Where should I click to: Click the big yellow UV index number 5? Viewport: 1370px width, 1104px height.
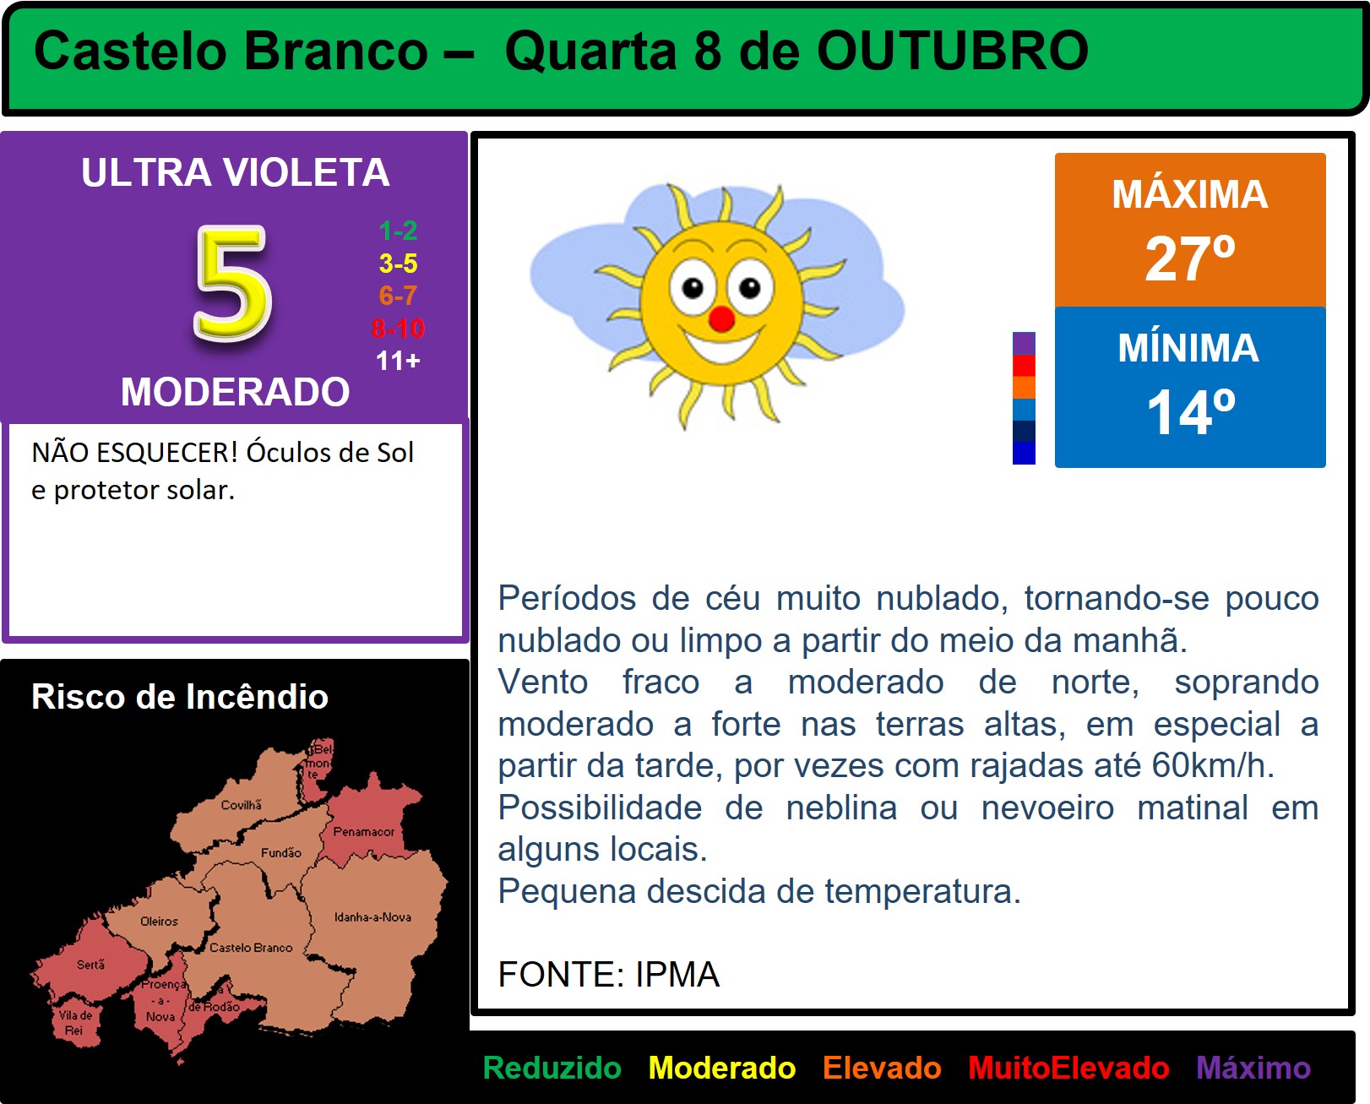233,283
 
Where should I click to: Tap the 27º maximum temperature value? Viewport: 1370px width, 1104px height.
1190,258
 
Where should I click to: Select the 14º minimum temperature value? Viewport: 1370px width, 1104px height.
1190,412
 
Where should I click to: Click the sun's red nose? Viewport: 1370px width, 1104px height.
721,318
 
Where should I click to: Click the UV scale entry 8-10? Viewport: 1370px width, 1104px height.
398,329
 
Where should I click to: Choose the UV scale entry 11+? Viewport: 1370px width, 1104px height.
398,361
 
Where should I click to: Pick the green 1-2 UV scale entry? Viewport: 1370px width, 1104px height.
398,231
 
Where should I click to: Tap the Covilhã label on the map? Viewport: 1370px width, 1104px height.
242,805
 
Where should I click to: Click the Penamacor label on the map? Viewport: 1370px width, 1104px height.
363,831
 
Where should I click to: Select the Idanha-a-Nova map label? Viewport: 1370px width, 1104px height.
372,917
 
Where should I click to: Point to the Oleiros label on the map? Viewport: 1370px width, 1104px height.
159,922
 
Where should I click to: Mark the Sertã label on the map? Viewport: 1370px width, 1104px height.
90,965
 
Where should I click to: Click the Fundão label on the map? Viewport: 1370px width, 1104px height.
280,853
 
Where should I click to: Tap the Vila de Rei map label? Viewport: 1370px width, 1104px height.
75,1023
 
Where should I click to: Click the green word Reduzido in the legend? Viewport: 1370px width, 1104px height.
552,1068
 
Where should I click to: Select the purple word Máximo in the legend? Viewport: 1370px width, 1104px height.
1253,1068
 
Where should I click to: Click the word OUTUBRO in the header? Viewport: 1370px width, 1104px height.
953,51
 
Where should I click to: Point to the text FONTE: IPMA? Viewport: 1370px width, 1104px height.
609,975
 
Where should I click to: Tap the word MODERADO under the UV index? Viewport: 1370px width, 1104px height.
236,391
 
